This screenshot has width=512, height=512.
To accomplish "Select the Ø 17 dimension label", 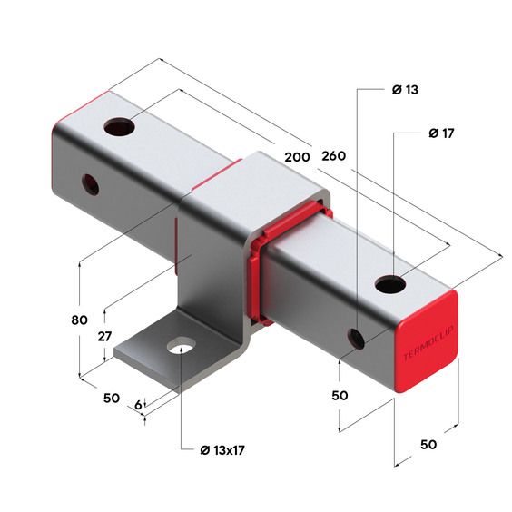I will [x=440, y=133].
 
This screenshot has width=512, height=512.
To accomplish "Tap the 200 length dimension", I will [x=297, y=156].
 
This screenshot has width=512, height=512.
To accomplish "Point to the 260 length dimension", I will [x=334, y=156].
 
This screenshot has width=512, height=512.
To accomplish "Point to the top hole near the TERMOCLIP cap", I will [x=389, y=284].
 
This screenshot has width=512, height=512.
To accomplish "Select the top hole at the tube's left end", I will [x=118, y=126].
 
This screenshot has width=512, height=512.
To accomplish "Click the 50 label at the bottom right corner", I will [x=428, y=444].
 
